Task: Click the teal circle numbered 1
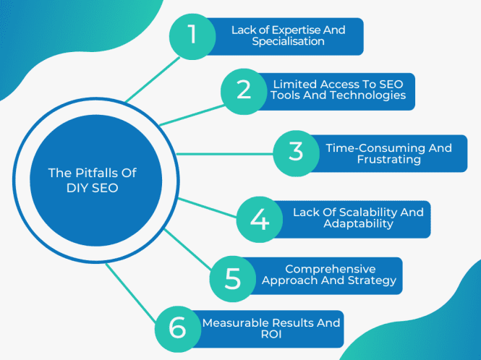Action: click(192, 36)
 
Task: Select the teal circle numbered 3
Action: click(295, 153)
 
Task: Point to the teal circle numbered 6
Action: click(177, 327)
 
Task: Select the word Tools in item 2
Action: click(287, 95)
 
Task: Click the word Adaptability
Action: click(359, 223)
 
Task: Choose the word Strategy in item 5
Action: click(373, 280)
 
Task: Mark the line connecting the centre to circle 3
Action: click(224, 153)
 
